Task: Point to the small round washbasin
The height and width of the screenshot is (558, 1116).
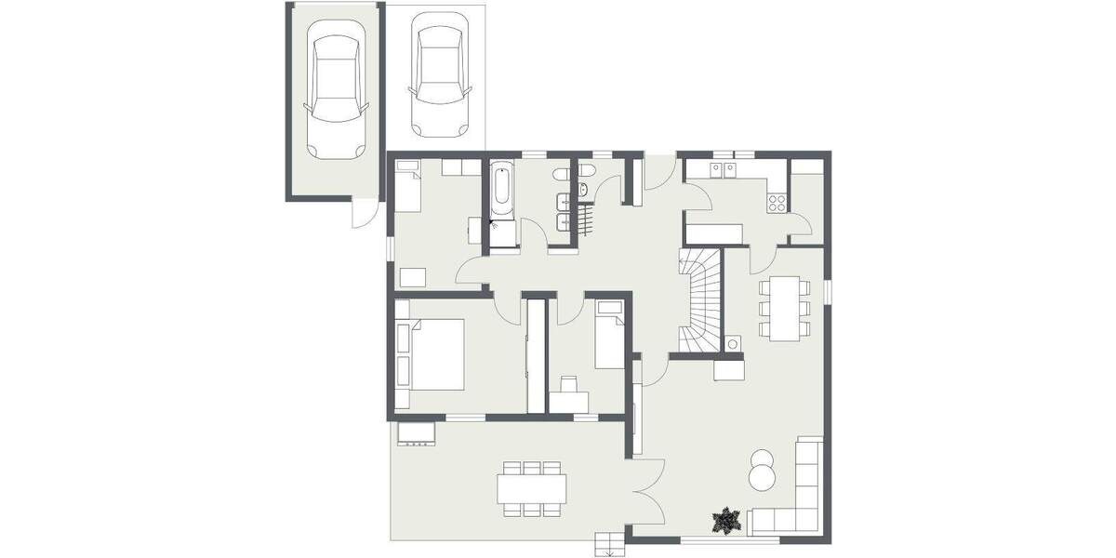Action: point(583,190)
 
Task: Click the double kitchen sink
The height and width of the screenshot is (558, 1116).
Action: point(723,169)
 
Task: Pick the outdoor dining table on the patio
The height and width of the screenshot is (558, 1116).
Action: point(531,486)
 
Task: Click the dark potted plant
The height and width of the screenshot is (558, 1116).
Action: point(724,521)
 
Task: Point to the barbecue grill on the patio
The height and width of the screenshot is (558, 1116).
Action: point(418,433)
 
